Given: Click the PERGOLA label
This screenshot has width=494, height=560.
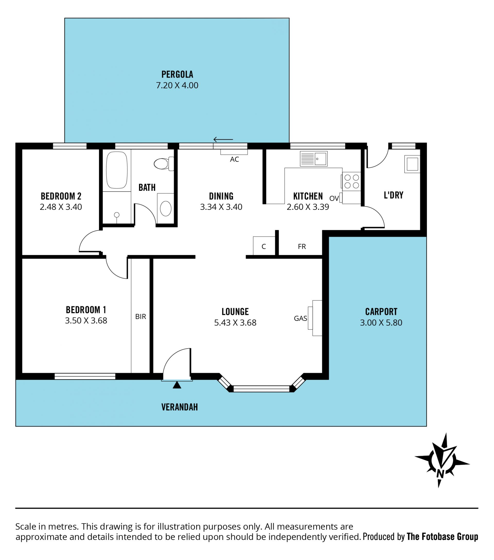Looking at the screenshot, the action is click(x=177, y=74).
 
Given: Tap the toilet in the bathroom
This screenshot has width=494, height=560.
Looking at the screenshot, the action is click(x=164, y=163).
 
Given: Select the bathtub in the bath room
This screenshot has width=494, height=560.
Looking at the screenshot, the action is click(x=117, y=170).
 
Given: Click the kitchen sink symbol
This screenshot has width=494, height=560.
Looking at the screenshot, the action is click(x=314, y=159).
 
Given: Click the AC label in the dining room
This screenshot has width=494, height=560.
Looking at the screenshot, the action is click(x=234, y=159).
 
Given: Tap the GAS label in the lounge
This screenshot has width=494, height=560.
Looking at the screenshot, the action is click(x=301, y=318).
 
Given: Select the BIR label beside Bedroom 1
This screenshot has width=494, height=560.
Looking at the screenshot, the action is click(x=140, y=317).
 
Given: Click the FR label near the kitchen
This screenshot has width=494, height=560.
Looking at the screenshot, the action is click(x=302, y=247).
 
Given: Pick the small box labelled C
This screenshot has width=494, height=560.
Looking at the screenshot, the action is click(x=264, y=246).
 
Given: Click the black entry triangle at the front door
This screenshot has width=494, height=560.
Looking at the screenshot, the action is click(x=177, y=385).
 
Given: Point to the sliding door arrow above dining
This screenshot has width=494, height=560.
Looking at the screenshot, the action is click(x=223, y=140).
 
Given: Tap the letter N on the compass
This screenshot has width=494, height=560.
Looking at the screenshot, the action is click(x=440, y=474).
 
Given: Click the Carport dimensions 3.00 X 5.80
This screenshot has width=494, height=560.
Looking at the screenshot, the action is click(x=381, y=323).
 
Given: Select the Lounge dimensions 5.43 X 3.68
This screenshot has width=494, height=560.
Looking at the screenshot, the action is click(x=235, y=323).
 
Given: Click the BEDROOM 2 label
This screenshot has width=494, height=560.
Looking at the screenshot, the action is click(x=61, y=196).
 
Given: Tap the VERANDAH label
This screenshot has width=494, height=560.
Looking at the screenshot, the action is click(x=179, y=407).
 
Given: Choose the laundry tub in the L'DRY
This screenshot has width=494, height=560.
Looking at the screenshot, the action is click(x=412, y=164).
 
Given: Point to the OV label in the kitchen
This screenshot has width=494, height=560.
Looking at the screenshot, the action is click(x=334, y=198).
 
